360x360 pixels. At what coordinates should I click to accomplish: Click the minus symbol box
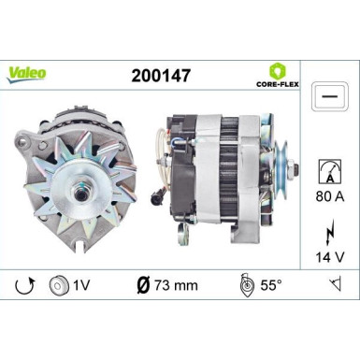[x=326, y=97]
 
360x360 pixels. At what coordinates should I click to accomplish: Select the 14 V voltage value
[x=328, y=254]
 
